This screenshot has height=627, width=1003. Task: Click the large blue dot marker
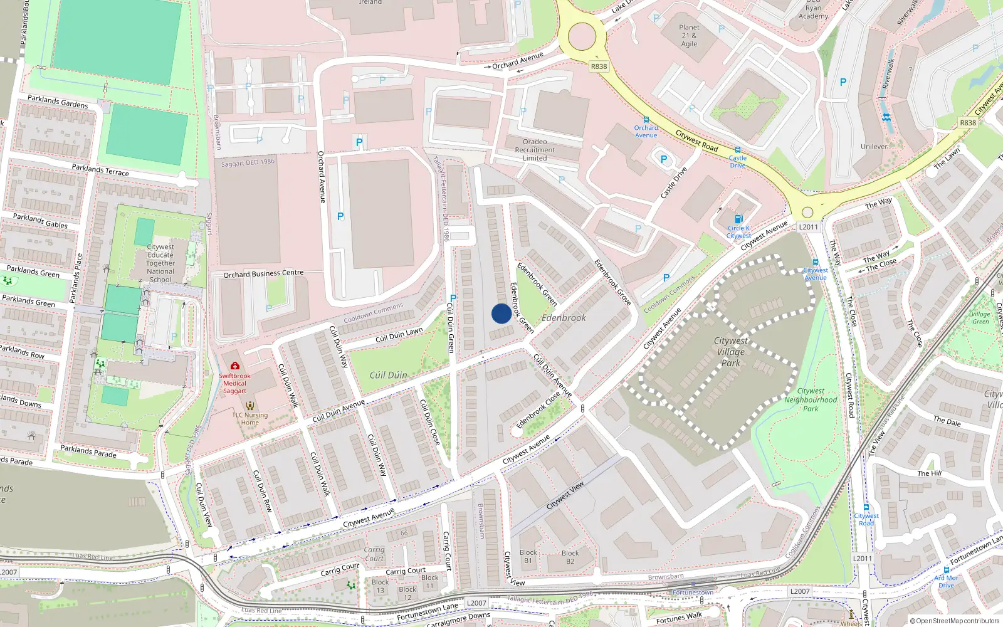(x=501, y=313)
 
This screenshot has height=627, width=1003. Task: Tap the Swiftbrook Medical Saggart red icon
(x=235, y=366)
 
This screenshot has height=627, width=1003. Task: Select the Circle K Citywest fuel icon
(x=738, y=219)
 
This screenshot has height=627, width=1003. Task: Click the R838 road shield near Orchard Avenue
(x=599, y=66)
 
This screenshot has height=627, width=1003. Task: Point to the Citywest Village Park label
(x=731, y=352)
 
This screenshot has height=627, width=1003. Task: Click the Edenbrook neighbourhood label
(x=564, y=318)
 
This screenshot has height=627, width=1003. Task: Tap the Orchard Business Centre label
(x=263, y=274)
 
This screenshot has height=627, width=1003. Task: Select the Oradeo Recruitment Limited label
(x=535, y=150)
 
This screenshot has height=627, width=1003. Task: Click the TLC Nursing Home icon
(x=250, y=406)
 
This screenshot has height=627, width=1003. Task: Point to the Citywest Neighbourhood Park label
(x=811, y=399)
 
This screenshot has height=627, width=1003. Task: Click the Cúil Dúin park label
(x=388, y=375)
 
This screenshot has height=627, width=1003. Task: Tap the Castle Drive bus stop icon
(x=738, y=150)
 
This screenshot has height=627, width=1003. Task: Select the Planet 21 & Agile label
(x=689, y=36)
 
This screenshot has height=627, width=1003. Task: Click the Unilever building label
(x=874, y=147)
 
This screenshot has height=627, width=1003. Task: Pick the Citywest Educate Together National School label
(x=160, y=263)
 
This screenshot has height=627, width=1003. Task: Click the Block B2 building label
(x=570, y=557)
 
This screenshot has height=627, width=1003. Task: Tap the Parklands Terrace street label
(x=100, y=170)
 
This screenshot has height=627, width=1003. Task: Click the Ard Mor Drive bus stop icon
(x=946, y=570)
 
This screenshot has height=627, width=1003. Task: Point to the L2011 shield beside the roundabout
(x=809, y=227)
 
